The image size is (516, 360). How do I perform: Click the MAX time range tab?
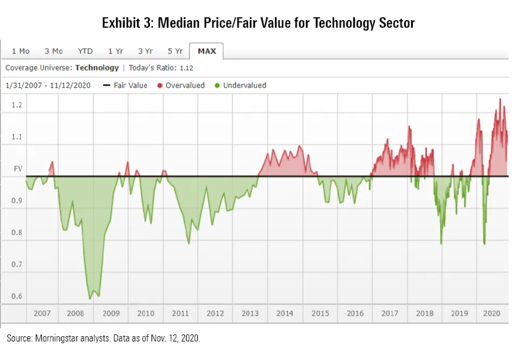click(x=206, y=51)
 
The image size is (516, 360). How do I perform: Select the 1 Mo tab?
click(x=21, y=51)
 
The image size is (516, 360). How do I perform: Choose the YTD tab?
click(x=85, y=51)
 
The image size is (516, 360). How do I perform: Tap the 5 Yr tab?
click(x=175, y=51)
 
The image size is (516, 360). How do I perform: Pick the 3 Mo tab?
click(x=54, y=51)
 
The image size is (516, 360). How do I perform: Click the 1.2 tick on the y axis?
click(x=17, y=105)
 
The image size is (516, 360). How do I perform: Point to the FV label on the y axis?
click(x=17, y=169)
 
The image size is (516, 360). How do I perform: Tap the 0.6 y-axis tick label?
click(x=17, y=296)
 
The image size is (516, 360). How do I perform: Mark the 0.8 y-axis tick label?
click(x=17, y=233)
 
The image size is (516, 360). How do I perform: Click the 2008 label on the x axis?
click(x=75, y=313)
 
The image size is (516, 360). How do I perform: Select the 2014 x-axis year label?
click(x=285, y=313)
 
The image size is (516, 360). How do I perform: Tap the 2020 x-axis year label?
click(x=492, y=313)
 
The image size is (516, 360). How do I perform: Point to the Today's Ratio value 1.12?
click(x=186, y=68)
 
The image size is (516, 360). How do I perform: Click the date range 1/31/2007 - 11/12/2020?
click(x=48, y=85)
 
